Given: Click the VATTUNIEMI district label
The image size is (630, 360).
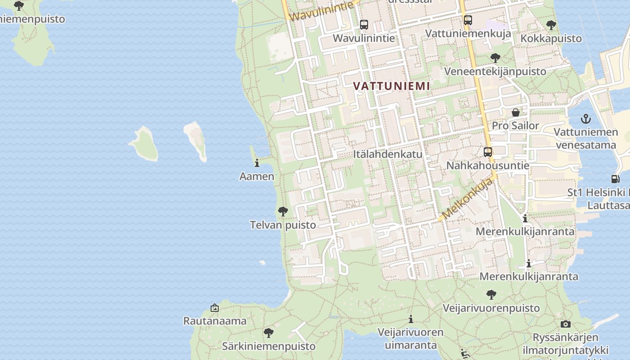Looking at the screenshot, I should tap(391, 85).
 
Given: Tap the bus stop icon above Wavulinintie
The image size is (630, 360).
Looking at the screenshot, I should tap(364, 25).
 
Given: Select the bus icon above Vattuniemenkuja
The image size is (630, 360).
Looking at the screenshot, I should tap(468, 20).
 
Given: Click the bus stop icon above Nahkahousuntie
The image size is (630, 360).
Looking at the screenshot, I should tap(488, 152).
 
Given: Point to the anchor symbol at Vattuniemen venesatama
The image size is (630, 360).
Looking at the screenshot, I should tap(585, 119).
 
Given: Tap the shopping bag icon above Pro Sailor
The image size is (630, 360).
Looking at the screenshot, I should tap(516, 112).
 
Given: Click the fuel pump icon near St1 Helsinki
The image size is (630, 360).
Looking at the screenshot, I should tap(615, 179).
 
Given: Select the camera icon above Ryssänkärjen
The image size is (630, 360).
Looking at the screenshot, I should tap(566, 324).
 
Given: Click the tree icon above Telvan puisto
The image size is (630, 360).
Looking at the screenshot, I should tap(283, 211).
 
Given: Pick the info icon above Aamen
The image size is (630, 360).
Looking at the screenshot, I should tap(257, 163).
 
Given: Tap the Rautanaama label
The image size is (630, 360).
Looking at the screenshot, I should tap(215, 321).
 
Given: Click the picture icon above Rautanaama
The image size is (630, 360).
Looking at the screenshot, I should tap(215, 308).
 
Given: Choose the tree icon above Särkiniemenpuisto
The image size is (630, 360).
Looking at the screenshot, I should tap(269, 333).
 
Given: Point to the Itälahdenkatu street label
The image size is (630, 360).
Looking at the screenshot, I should tap(387, 154).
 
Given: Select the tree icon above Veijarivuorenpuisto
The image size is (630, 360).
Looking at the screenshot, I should tap(491, 295).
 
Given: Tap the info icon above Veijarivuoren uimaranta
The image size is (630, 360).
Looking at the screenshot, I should tap(410, 319).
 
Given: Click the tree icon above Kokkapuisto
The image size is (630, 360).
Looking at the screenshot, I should tap(551, 25).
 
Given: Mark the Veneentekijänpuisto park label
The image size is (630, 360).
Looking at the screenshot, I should tap(495, 71).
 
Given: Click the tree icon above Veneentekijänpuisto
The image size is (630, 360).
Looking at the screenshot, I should tap(495, 58).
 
